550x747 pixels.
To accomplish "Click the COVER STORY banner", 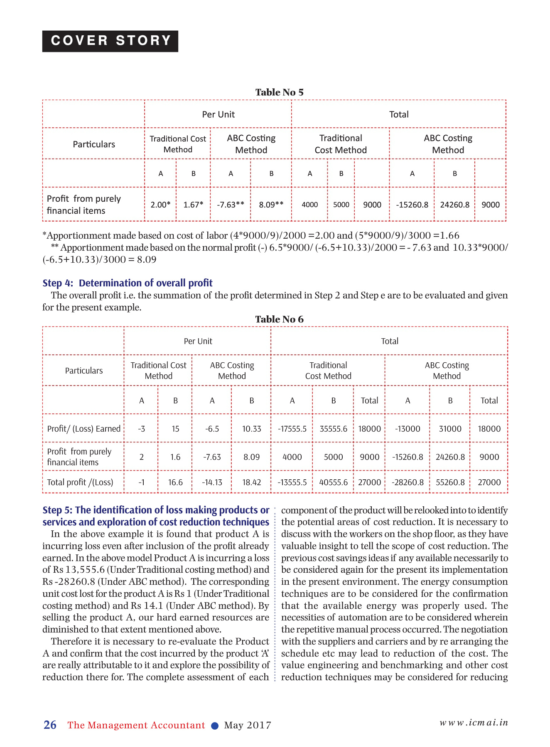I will click(x=110, y=41).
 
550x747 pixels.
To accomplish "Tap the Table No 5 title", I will click(x=279, y=92).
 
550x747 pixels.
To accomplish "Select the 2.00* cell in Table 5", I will click(x=160, y=205).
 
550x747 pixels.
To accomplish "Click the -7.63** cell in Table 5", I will click(x=231, y=205).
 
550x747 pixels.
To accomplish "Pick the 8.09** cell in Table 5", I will click(x=271, y=205).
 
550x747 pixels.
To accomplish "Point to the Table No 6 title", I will click(x=279, y=319).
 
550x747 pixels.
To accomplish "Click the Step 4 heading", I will click(x=128, y=283).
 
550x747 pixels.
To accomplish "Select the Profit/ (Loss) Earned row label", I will click(x=83, y=429).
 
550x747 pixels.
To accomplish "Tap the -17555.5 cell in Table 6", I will click(x=292, y=429).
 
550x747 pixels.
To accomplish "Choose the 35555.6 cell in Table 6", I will click(x=333, y=429).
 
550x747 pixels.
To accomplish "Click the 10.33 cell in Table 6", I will click(x=252, y=429).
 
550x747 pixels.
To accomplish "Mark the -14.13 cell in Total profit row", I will click(x=212, y=482).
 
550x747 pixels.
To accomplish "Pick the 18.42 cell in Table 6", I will click(x=252, y=482).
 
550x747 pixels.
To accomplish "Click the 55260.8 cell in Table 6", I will click(x=450, y=482).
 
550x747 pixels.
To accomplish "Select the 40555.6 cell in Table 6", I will click(x=333, y=482).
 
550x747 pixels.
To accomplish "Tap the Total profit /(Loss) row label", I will click(x=80, y=482).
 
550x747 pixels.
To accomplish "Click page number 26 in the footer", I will click(x=50, y=725).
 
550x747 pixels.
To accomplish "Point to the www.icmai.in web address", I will click(x=474, y=723).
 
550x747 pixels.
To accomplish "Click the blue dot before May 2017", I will click(x=215, y=726).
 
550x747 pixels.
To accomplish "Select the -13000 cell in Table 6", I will click(x=408, y=429).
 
